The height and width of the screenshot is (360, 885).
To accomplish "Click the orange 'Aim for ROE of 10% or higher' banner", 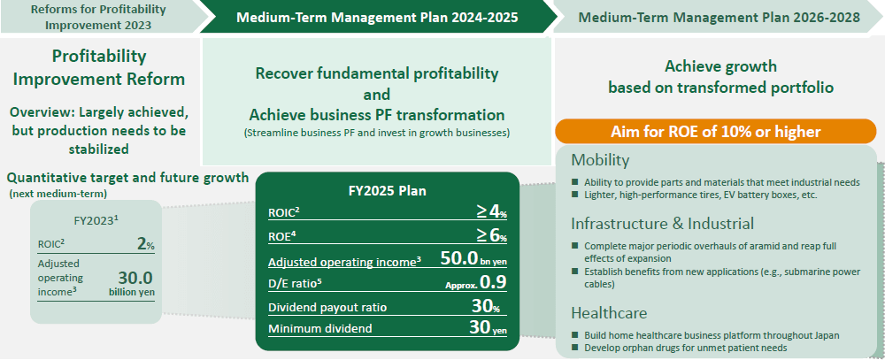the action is coord(716,132).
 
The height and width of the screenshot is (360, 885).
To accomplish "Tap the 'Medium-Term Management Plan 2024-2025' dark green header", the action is coord(377,17).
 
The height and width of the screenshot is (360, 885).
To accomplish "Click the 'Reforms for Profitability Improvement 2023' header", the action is coord(98,17).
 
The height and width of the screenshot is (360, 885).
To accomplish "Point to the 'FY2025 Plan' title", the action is coord(388,191).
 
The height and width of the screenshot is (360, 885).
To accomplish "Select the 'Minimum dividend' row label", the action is coord(320,328).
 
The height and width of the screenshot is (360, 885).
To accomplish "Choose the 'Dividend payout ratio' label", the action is coord(327,308).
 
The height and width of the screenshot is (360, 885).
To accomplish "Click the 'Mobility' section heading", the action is coord(600,160).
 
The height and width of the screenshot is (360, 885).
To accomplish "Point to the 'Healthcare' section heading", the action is coord(609,313).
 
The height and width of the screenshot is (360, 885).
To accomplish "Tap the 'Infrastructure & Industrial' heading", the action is coord(662,224).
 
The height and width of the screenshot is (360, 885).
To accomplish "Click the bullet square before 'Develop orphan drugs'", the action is coord(574,348).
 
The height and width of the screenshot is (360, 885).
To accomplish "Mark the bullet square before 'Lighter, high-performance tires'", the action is coord(574,194).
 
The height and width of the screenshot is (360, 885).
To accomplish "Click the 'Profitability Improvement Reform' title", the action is coord(99,68).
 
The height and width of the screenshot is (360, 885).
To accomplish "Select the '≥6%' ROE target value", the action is coord(491,236).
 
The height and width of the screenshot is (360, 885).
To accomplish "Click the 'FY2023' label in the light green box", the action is coord(96,220).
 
